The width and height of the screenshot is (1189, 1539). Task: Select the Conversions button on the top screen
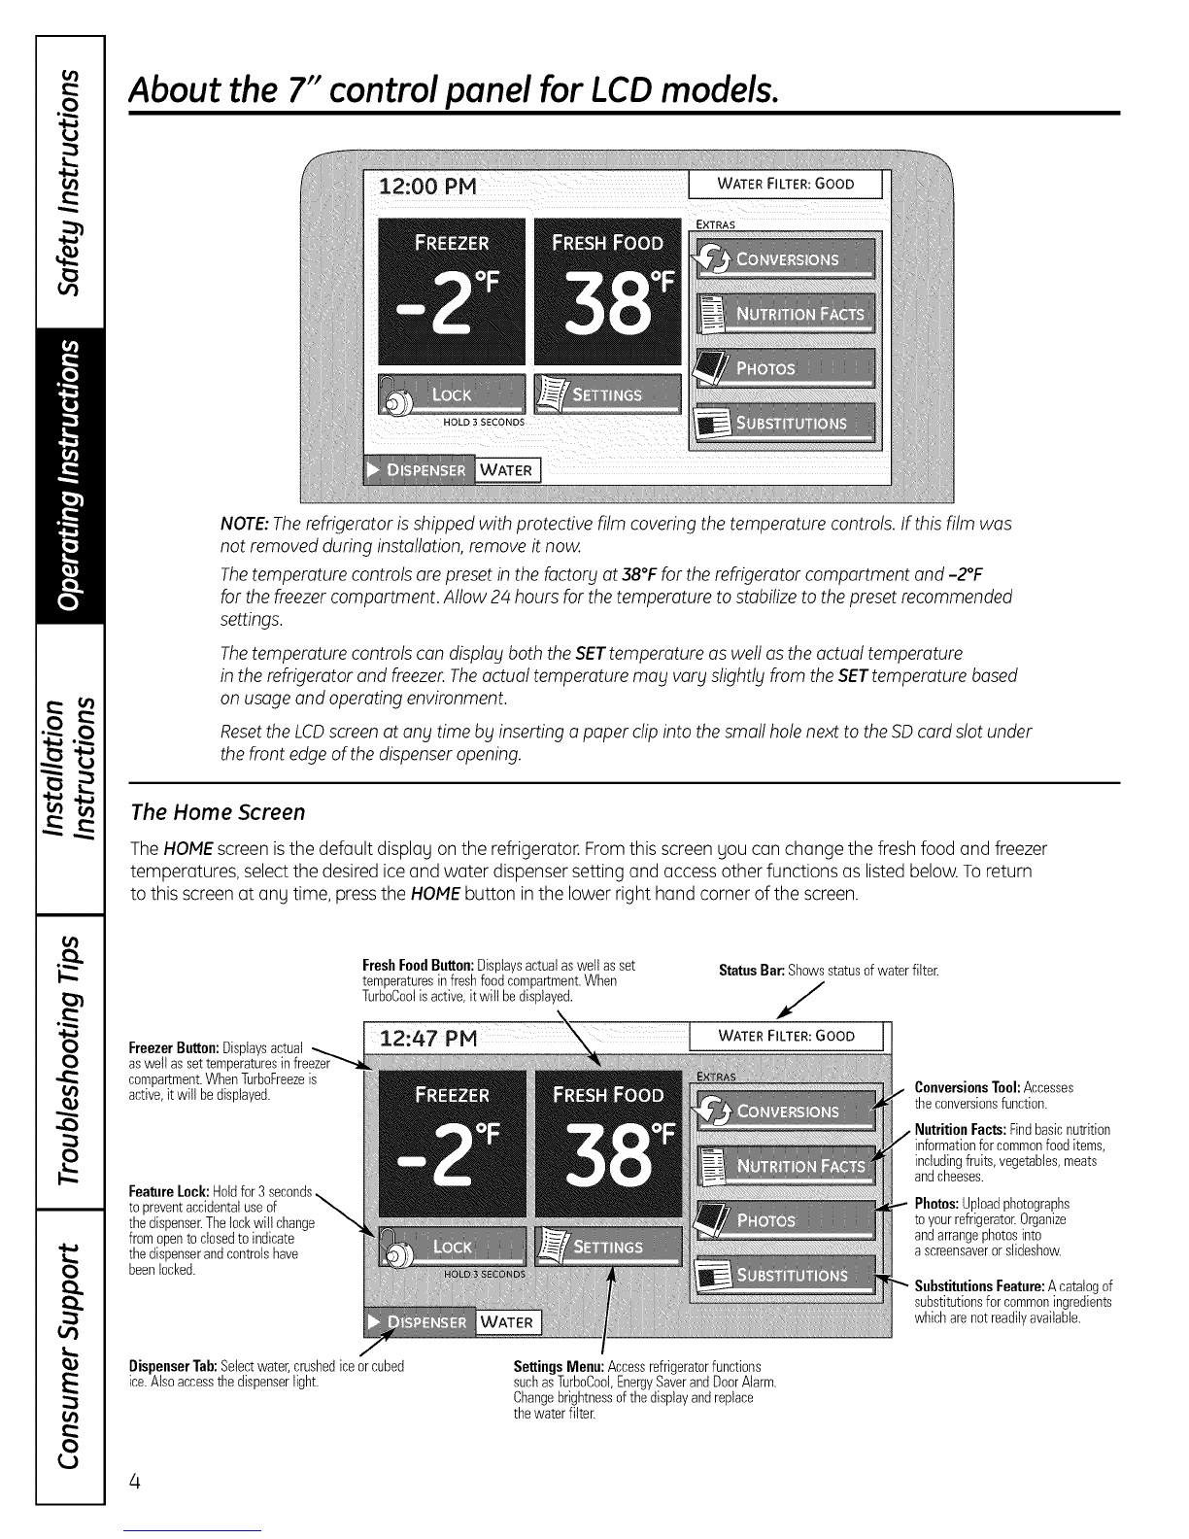point(783,259)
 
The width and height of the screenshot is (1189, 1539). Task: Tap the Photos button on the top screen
point(783,368)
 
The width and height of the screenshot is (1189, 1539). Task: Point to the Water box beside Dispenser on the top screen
point(507,470)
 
